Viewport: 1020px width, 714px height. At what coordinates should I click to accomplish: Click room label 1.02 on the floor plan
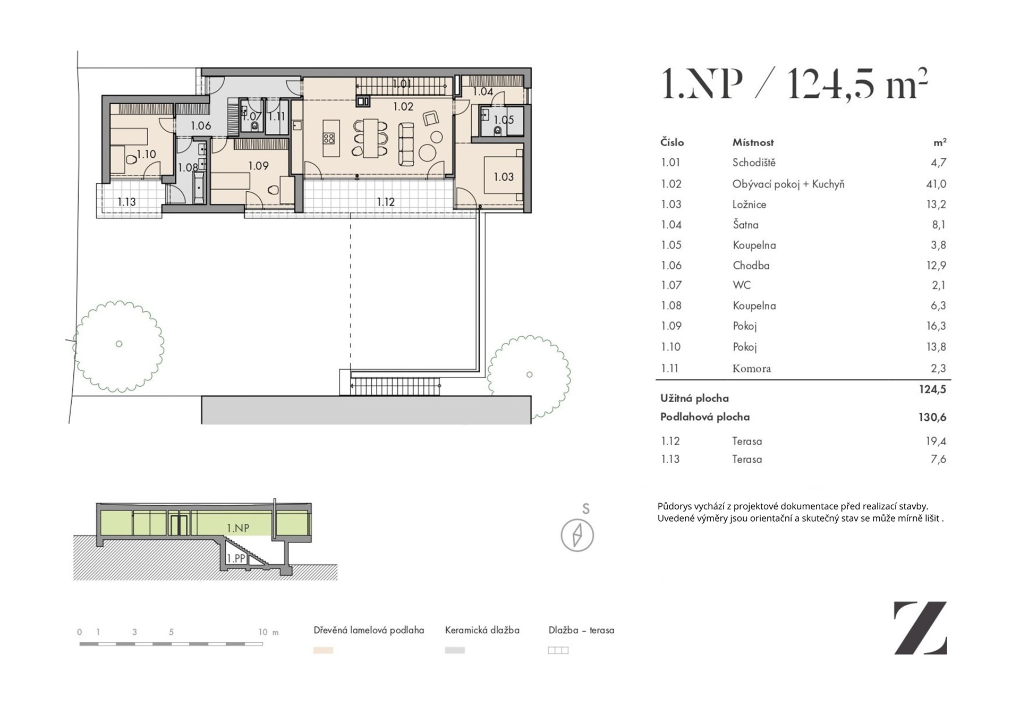point(403,106)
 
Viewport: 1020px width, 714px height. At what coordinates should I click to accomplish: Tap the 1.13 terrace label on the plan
point(126,202)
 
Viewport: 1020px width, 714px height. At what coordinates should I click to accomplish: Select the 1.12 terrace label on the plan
point(386,202)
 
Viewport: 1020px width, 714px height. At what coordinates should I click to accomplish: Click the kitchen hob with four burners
point(329,139)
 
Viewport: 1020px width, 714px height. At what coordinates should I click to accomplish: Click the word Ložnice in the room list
point(749,205)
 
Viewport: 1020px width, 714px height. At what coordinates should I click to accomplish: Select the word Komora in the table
point(751,368)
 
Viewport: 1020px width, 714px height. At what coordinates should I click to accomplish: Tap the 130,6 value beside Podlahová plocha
point(932,417)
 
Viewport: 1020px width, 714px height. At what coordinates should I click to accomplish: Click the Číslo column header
point(672,142)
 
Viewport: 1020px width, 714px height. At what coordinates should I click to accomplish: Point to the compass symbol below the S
point(577,535)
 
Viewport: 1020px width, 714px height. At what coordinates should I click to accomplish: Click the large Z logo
point(921,627)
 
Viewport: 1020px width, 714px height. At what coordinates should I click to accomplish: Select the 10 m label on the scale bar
point(268,632)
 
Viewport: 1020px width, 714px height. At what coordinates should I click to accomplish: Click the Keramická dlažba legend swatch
point(455,650)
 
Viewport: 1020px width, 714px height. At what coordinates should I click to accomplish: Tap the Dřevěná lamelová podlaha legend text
point(369,630)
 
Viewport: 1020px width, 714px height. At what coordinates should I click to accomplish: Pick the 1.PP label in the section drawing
point(236,559)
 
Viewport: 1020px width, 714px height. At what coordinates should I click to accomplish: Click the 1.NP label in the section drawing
point(238,528)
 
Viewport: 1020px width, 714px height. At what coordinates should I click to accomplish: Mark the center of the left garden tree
point(119,344)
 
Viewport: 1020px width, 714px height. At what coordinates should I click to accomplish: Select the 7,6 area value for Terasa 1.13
point(938,459)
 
